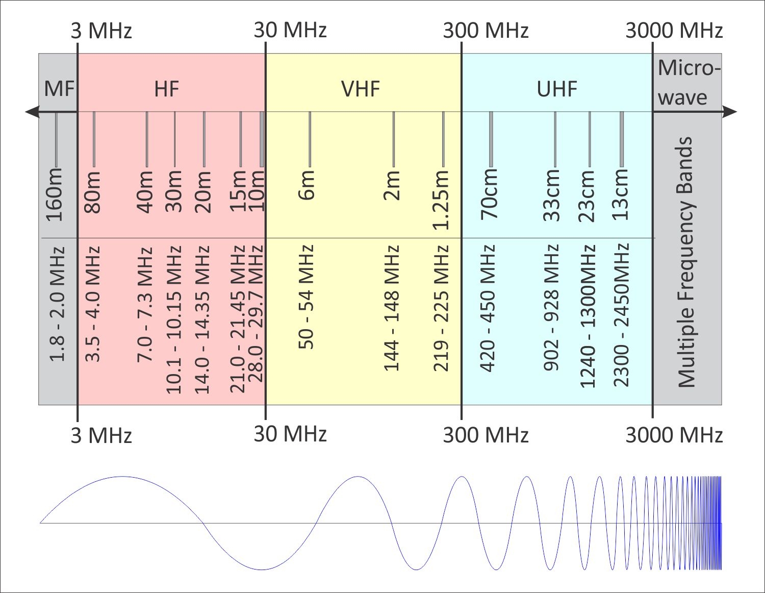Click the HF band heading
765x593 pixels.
(167, 89)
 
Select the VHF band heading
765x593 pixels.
(361, 89)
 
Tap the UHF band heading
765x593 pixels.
(557, 89)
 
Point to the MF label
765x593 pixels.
(59, 89)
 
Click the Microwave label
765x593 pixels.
(688, 82)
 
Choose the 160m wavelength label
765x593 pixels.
(55, 194)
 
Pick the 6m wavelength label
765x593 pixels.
(307, 185)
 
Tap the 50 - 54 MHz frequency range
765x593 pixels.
(306, 297)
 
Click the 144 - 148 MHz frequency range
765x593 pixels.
(391, 308)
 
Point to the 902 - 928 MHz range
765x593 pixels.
(551, 308)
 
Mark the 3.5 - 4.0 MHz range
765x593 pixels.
(93, 305)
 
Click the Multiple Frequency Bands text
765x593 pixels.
(686, 262)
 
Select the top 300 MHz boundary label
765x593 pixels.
(486, 31)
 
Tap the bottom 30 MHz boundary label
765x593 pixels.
(290, 434)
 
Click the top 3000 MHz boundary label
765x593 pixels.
(674, 31)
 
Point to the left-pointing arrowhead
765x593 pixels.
(33, 112)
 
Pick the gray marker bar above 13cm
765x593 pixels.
(621, 139)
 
